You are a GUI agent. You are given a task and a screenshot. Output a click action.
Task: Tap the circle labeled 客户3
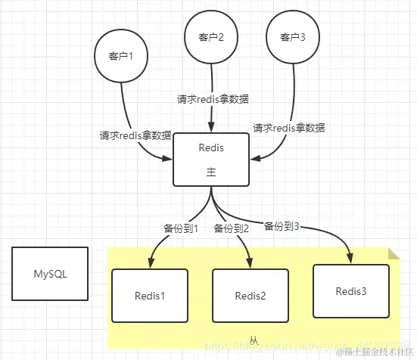pyautogui.click(x=291, y=38)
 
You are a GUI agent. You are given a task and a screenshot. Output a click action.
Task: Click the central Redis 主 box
pyautogui.click(x=211, y=159)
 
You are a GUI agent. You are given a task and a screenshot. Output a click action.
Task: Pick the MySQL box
pyautogui.click(x=50, y=274)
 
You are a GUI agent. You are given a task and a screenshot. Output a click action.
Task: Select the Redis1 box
pyautogui.click(x=150, y=295)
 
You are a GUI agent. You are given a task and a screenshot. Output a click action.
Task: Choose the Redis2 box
pyautogui.click(x=251, y=295)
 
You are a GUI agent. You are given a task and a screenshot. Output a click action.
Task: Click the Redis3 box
pyautogui.click(x=351, y=290)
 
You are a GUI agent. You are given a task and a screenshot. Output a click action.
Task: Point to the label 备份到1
pyautogui.click(x=180, y=228)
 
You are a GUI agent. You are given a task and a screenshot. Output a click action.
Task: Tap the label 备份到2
pyautogui.click(x=231, y=228)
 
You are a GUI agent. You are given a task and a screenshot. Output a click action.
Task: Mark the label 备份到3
pyautogui.click(x=281, y=225)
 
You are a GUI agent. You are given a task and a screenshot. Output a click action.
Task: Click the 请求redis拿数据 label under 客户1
pyautogui.click(x=135, y=136)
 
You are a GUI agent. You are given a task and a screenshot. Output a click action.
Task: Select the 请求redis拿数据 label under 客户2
pyautogui.click(x=213, y=99)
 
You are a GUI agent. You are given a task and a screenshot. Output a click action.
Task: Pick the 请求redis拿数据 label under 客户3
pyautogui.click(x=289, y=128)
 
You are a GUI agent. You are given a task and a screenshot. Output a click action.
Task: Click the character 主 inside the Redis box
pyautogui.click(x=211, y=172)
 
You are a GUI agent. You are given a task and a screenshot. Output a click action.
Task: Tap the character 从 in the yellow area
pyautogui.click(x=254, y=341)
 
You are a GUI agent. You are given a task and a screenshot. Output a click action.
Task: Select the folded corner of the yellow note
pyautogui.click(x=393, y=253)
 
